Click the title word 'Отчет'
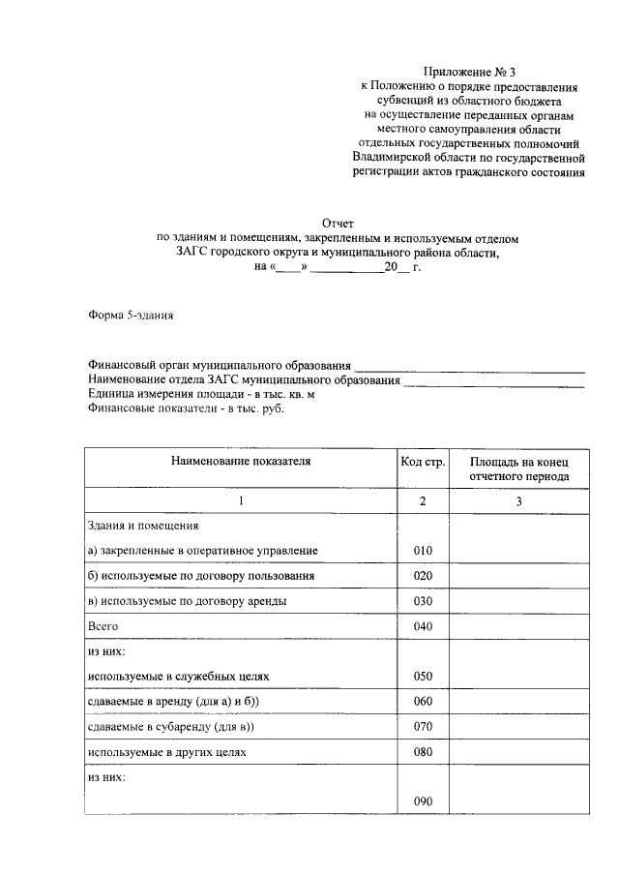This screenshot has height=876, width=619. pyautogui.click(x=338, y=222)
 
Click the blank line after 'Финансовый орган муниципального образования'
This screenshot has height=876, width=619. pyautogui.click(x=469, y=369)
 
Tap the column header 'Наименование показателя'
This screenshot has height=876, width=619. pyautogui.click(x=241, y=462)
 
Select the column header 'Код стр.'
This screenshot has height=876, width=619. pyautogui.click(x=423, y=462)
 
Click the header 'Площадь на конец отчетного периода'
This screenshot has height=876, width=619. pyautogui.click(x=518, y=469)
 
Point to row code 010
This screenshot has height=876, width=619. pyautogui.click(x=422, y=551)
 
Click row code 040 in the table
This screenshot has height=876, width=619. pyautogui.click(x=422, y=627)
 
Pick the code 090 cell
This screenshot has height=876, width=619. pyautogui.click(x=422, y=802)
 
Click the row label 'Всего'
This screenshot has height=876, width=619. pyautogui.click(x=103, y=627)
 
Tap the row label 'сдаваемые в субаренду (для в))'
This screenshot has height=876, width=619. pyautogui.click(x=176, y=727)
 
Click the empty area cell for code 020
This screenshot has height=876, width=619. pyautogui.click(x=518, y=576)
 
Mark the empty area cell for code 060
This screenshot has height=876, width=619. pyautogui.click(x=518, y=702)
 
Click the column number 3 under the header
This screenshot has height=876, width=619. pyautogui.click(x=518, y=501)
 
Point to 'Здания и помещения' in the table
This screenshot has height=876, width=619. pyautogui.click(x=142, y=526)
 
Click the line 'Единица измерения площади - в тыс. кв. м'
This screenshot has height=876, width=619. pyautogui.click(x=201, y=395)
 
